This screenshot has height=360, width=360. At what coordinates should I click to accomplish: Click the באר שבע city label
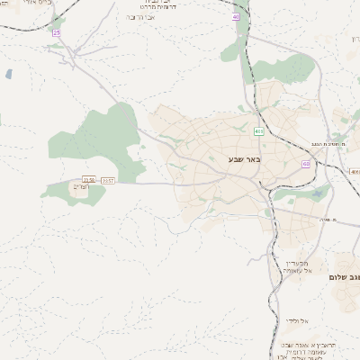[243, 159]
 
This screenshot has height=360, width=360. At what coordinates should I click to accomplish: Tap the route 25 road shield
[57, 32]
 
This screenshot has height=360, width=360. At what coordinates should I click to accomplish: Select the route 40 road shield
[236, 17]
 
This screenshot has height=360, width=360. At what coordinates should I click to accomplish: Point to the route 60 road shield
[306, 164]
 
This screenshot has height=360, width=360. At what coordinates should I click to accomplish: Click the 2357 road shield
[108, 181]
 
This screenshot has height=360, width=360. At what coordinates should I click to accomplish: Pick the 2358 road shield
[89, 181]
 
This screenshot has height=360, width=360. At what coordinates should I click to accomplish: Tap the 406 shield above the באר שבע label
[259, 131]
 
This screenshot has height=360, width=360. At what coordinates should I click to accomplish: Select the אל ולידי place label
[296, 320]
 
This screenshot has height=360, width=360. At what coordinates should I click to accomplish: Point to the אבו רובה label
[141, 17]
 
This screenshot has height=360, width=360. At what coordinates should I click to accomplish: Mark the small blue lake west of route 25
[9, 74]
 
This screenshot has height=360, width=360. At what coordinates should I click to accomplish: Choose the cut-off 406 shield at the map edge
[355, 171]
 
